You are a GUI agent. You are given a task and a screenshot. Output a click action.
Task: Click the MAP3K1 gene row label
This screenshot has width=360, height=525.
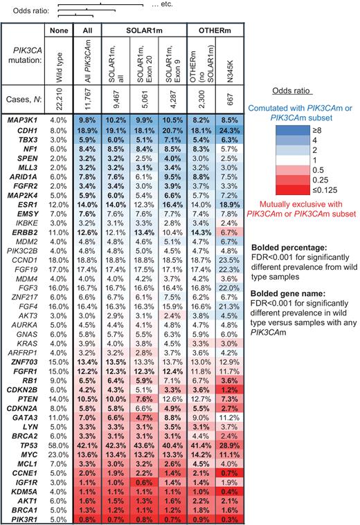(23, 119)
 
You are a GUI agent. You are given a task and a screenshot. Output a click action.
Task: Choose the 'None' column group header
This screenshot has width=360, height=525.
(57, 30)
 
